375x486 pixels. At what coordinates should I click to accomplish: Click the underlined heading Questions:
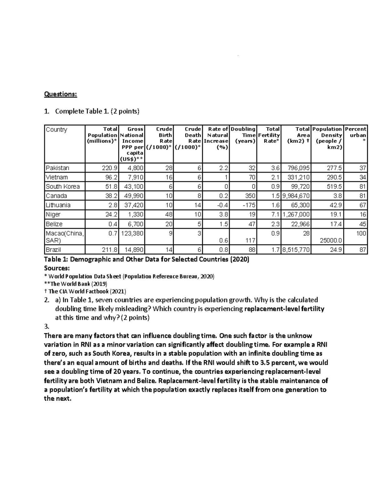click(60, 94)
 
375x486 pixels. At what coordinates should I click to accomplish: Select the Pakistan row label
click(57, 168)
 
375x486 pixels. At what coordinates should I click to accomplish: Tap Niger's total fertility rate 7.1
click(275, 215)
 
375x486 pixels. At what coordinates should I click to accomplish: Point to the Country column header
click(57, 130)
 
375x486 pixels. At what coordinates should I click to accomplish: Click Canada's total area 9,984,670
click(296, 196)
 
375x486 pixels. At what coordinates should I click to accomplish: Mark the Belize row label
click(54, 224)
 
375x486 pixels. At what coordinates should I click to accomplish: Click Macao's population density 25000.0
click(331, 241)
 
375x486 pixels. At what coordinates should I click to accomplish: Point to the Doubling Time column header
click(243, 135)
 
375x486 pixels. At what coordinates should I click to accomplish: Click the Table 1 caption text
click(147, 259)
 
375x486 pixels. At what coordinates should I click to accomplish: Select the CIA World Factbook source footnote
click(85, 291)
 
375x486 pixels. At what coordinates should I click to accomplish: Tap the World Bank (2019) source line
click(76, 284)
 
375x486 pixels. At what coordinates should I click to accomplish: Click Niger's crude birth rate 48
click(169, 215)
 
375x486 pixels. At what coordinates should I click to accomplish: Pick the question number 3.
click(47, 326)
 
